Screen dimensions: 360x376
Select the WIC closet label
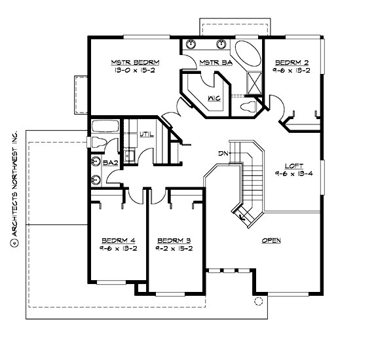pos(214,98)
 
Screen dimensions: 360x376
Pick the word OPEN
pos(271,241)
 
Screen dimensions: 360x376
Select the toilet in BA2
pos(94,142)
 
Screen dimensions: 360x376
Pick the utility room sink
pos(129,154)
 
